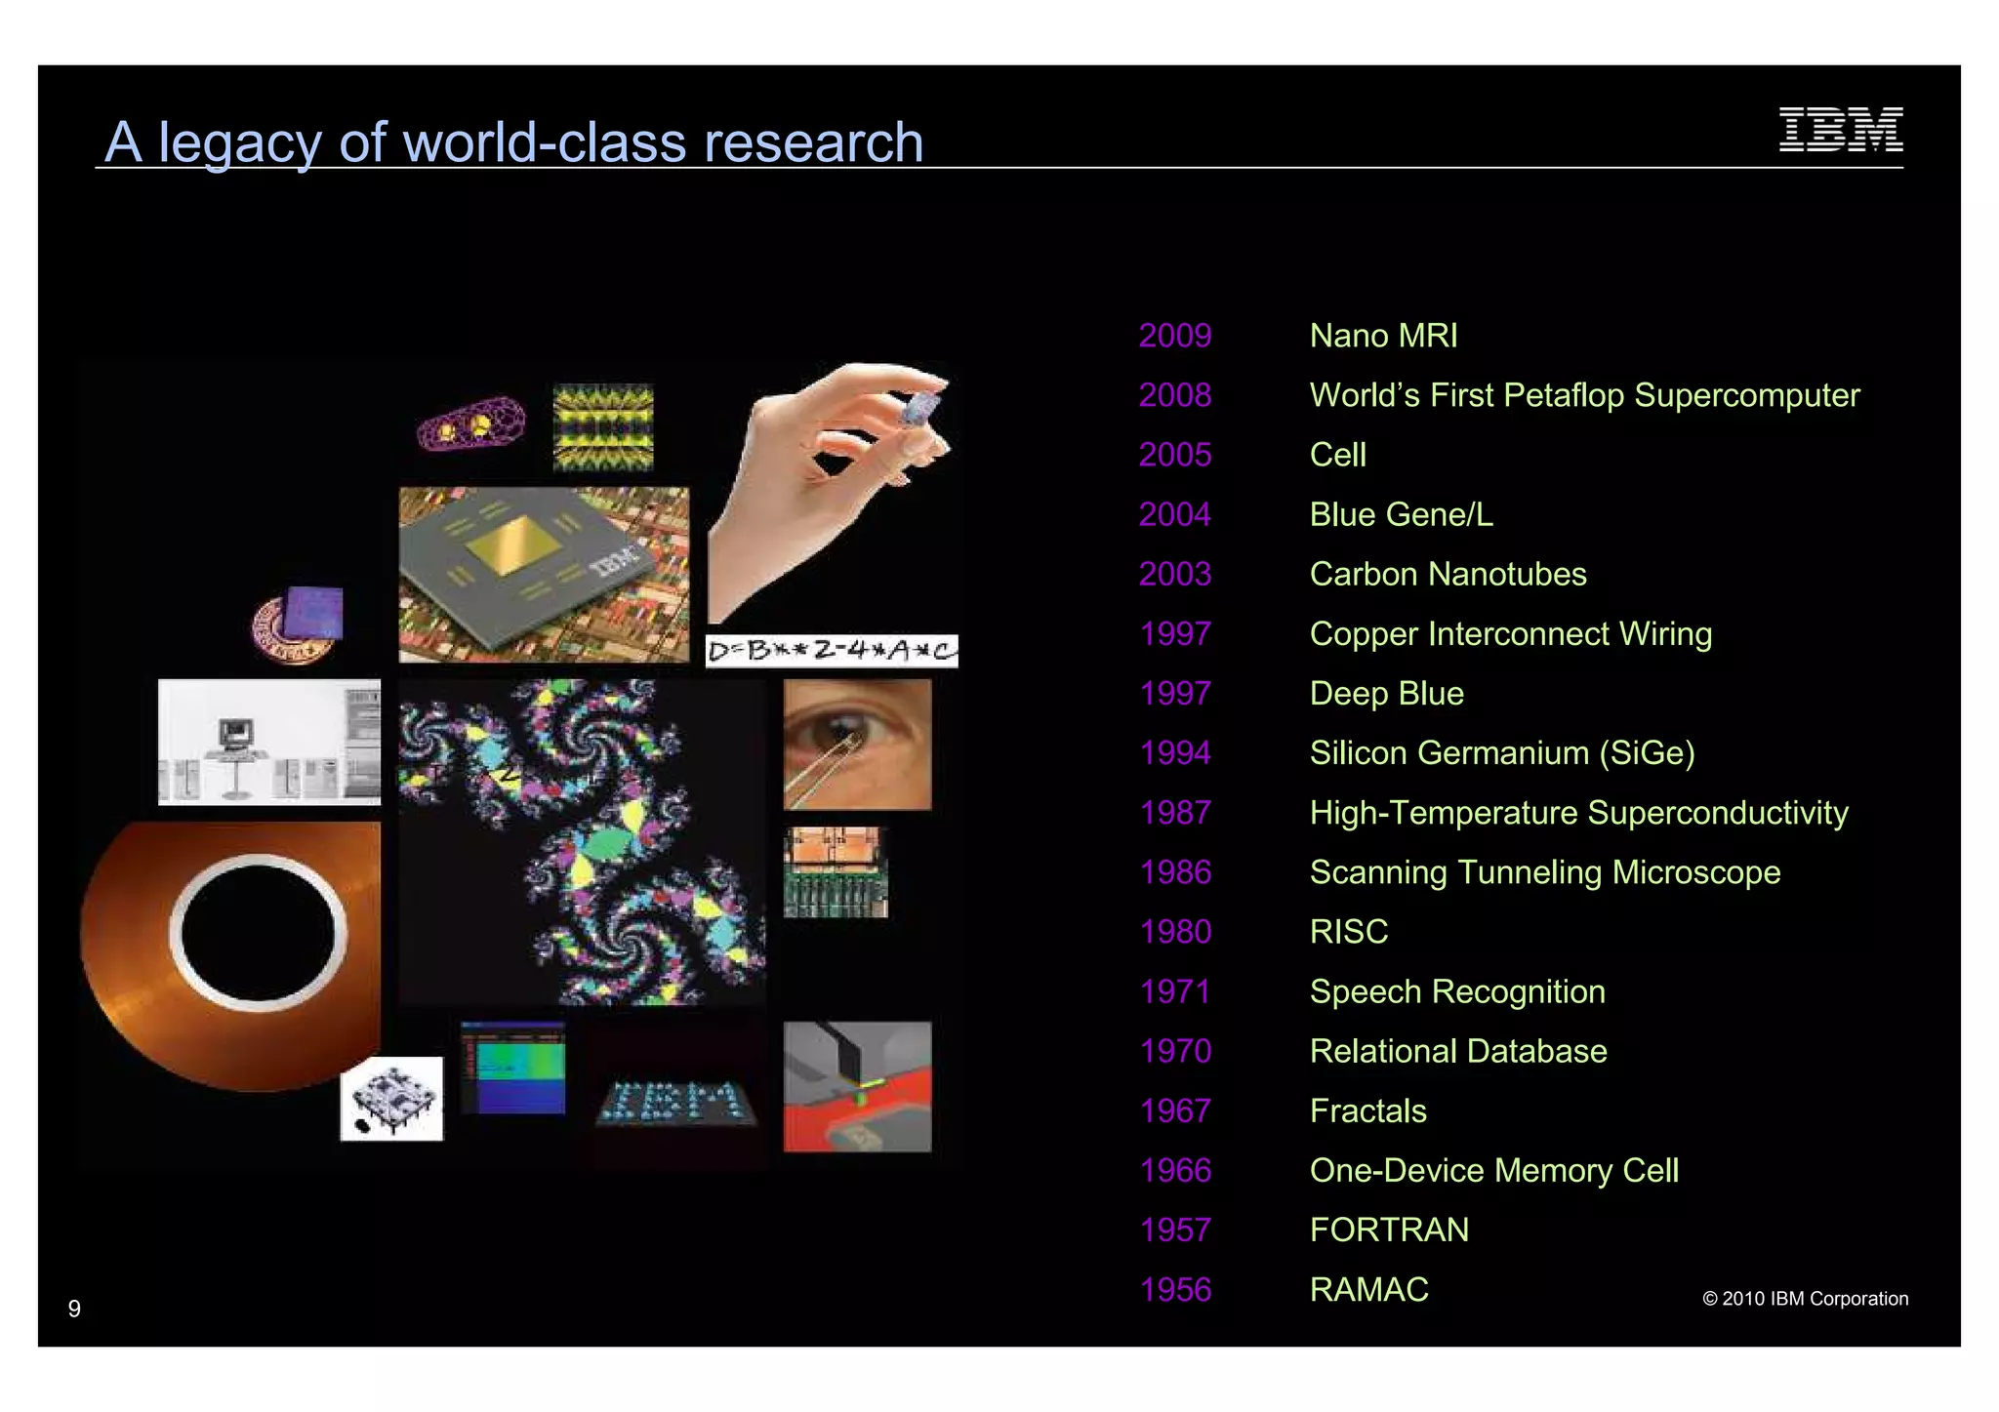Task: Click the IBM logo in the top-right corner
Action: tap(1840, 130)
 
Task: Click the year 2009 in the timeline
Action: tap(1174, 336)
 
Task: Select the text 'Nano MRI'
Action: tap(1383, 336)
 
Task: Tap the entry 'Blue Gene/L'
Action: tap(1401, 514)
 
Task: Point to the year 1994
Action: tap(1174, 753)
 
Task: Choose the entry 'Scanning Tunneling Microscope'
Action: tap(1544, 872)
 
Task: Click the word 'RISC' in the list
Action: tap(1348, 932)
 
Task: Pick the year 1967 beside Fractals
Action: tap(1174, 1111)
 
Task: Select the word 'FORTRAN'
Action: tap(1388, 1230)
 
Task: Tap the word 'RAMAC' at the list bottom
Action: tap(1368, 1290)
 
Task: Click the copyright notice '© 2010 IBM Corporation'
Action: tap(1805, 1299)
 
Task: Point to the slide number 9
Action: tap(74, 1309)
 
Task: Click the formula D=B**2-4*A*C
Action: tap(831, 651)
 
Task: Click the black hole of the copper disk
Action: tap(258, 932)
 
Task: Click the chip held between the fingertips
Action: tap(921, 406)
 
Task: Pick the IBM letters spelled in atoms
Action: tap(675, 1102)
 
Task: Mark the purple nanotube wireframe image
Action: tap(471, 424)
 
